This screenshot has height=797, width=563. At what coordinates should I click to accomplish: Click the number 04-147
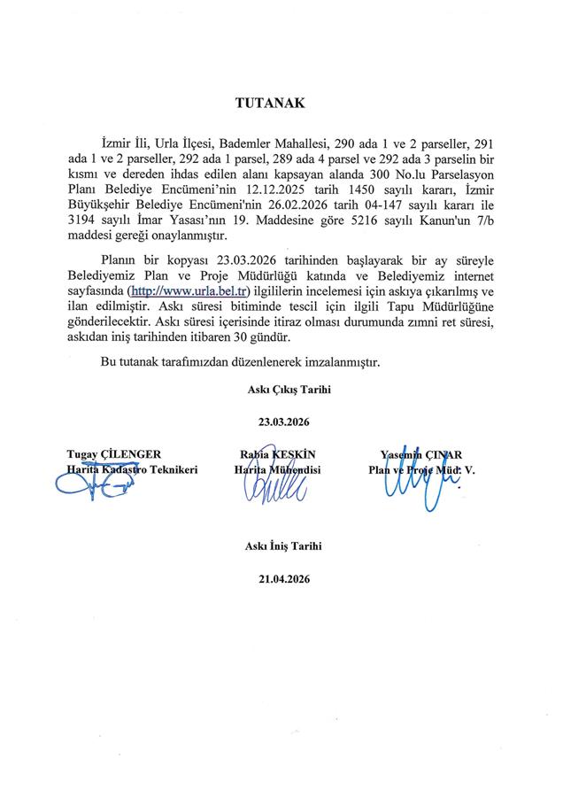tap(405, 205)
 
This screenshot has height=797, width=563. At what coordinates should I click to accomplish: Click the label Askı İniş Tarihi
tap(283, 546)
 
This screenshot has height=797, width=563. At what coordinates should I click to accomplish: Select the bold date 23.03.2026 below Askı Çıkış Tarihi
tap(283, 422)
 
